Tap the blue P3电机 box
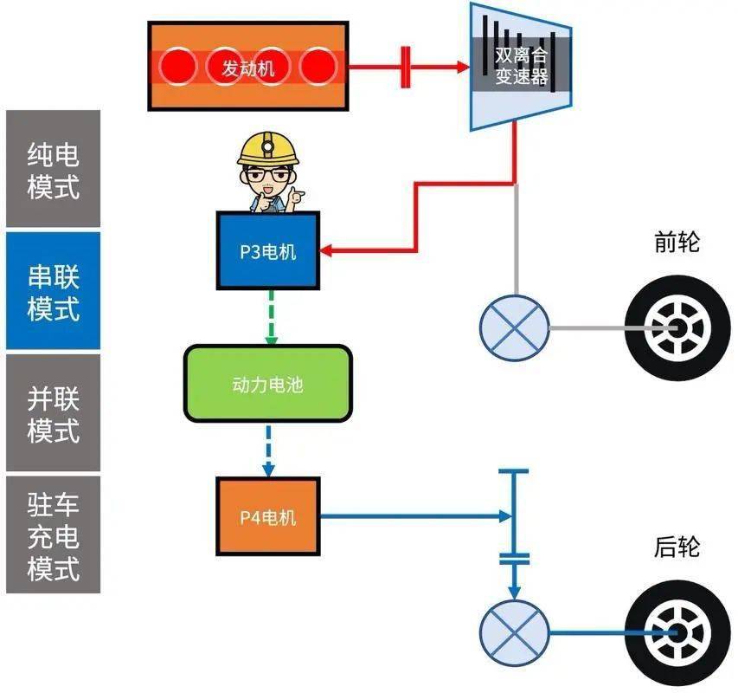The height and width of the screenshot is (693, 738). (267, 251)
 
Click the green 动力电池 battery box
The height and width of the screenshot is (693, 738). (267, 384)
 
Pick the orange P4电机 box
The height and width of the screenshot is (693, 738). (267, 517)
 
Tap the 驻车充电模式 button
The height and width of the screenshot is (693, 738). (53, 534)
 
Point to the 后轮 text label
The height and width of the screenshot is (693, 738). (676, 547)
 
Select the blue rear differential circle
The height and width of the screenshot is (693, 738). (515, 633)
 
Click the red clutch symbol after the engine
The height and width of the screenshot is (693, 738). (405, 67)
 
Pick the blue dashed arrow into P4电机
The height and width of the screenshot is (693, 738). (269, 450)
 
